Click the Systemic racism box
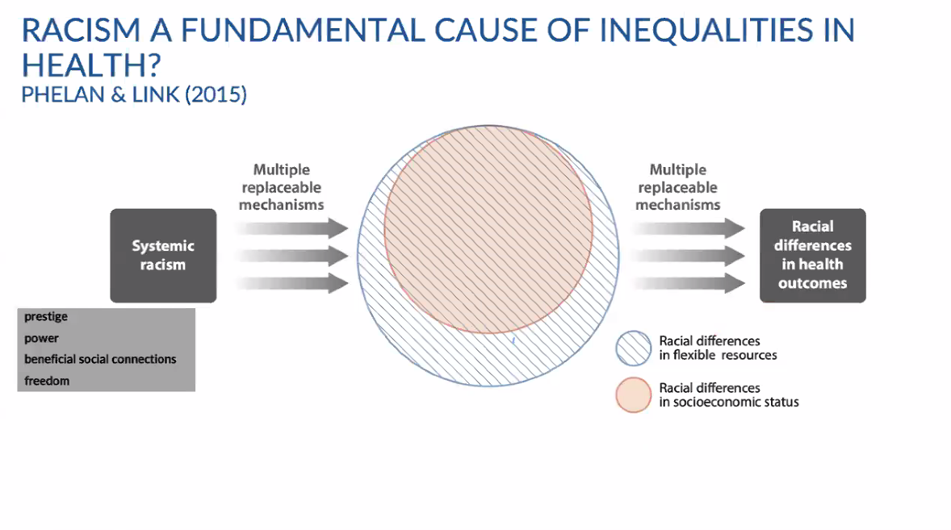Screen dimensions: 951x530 pyautogui.click(x=163, y=256)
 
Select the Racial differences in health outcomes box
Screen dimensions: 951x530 pyautogui.click(x=813, y=256)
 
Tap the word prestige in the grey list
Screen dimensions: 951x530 pyautogui.click(x=46, y=317)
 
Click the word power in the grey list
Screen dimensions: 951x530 pyautogui.click(x=42, y=338)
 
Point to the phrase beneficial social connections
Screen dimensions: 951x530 pyautogui.click(x=100, y=359)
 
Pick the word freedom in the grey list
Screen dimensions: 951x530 pyautogui.click(x=47, y=381)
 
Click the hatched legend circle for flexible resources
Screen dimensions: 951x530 pyautogui.click(x=633, y=348)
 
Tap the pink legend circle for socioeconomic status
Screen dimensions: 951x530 pyautogui.click(x=633, y=395)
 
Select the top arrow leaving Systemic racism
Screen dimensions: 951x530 pyautogui.click(x=291, y=228)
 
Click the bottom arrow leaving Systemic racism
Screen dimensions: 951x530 pyautogui.click(x=291, y=283)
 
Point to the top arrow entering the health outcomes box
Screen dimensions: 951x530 pyautogui.click(x=689, y=228)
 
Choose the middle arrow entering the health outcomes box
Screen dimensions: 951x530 pyautogui.click(x=689, y=256)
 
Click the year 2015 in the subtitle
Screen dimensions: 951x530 pyautogui.click(x=216, y=94)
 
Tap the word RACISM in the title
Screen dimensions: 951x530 pyautogui.click(x=82, y=31)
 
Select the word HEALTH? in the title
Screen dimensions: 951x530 pyautogui.click(x=91, y=65)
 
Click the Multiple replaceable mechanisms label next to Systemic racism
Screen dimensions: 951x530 pyautogui.click(x=282, y=187)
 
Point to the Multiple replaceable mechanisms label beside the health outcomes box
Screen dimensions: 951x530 pyautogui.click(x=678, y=187)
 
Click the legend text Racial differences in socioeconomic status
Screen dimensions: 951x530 pyautogui.click(x=729, y=395)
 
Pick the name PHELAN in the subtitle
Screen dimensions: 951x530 pyautogui.click(x=63, y=94)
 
